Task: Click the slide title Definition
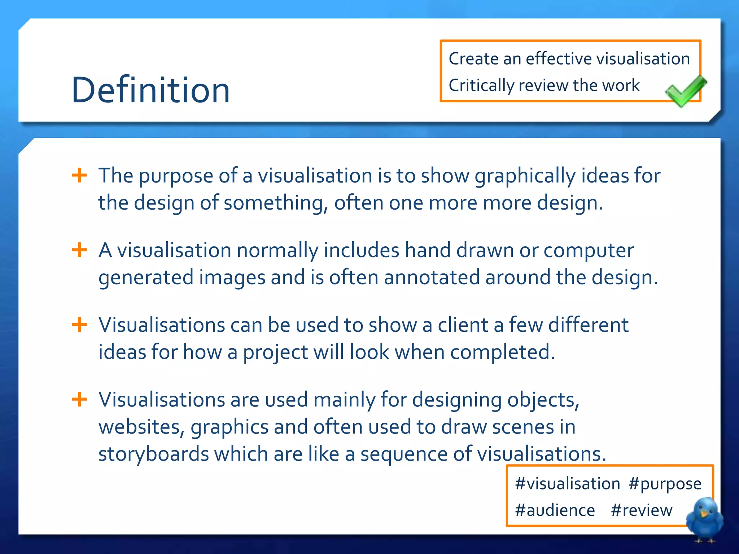(150, 90)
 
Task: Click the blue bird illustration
(704, 519)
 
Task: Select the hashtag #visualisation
(567, 484)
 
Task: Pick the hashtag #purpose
(665, 484)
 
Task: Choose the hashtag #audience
(555, 510)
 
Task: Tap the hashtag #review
(642, 510)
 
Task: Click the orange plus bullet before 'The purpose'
(79, 176)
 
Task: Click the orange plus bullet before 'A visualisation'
(79, 250)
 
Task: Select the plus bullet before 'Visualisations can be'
(79, 325)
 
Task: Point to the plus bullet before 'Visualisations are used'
(79, 399)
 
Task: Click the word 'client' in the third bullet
(463, 325)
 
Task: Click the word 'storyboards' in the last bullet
(153, 454)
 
